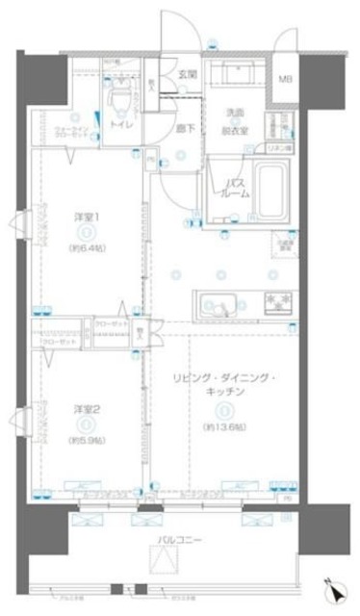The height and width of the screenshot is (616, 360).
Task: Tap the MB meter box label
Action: (287, 81)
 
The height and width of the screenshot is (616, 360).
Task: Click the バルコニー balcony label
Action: (178, 541)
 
